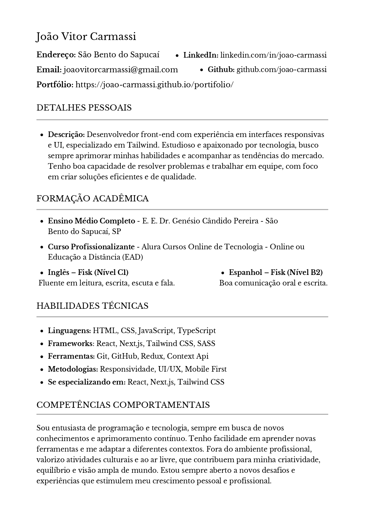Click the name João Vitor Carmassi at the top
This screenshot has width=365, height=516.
(86, 37)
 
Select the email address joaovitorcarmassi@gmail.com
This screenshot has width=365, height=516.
(120, 70)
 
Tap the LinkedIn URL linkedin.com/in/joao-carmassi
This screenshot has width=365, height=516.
(273, 55)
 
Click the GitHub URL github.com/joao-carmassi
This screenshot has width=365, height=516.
(282, 70)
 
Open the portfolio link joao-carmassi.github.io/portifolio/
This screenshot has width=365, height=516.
(155, 85)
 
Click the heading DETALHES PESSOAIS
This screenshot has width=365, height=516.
(84, 108)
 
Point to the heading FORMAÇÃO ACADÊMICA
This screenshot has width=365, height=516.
(93, 198)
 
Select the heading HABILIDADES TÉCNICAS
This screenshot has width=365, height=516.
(92, 306)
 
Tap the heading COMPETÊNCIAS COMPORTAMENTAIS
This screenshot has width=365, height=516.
(123, 405)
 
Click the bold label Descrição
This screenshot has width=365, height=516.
(66, 135)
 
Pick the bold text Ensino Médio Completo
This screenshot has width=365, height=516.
(91, 221)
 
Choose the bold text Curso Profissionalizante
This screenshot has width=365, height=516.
(91, 247)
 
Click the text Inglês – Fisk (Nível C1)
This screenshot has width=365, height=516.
(88, 272)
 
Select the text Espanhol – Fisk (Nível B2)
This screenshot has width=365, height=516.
(276, 272)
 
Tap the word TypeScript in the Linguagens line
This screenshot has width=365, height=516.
(196, 330)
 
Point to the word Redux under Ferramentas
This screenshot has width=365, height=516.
(152, 356)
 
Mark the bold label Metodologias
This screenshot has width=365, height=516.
(73, 369)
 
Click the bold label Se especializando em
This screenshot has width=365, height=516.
(87, 382)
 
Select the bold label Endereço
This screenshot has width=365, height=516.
(56, 55)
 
